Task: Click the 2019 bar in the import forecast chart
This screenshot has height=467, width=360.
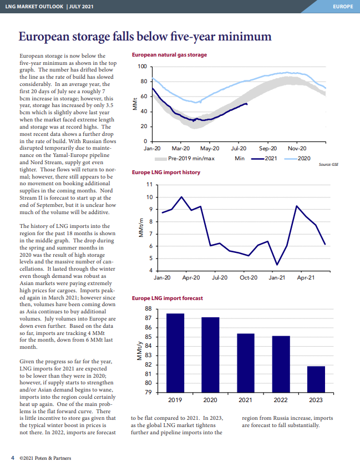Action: click(x=175, y=353)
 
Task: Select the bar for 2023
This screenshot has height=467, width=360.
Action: click(x=316, y=379)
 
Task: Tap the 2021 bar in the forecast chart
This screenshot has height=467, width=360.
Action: click(x=246, y=363)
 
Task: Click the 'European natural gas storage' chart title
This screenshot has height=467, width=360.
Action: click(x=169, y=55)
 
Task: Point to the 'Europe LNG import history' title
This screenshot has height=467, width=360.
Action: click(x=166, y=172)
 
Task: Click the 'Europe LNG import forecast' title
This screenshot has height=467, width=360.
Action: click(x=168, y=298)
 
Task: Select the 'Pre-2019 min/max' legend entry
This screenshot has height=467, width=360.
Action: click(x=185, y=159)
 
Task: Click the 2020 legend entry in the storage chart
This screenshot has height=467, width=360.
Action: click(x=297, y=159)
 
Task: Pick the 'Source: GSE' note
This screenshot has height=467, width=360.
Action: click(x=328, y=164)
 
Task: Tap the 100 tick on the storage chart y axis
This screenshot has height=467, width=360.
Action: click(x=143, y=67)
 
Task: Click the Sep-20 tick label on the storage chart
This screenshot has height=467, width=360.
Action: click(x=268, y=148)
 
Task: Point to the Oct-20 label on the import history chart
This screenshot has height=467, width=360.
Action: click(x=249, y=277)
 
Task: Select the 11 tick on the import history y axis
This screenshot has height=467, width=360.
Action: click(x=149, y=185)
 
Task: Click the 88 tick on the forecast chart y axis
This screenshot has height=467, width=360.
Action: click(x=148, y=309)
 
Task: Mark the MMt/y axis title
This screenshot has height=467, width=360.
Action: click(x=139, y=351)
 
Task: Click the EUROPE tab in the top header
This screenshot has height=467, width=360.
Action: click(x=343, y=7)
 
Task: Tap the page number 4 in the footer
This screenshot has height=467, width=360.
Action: click(x=13, y=458)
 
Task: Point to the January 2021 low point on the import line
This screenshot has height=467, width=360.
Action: click(x=277, y=265)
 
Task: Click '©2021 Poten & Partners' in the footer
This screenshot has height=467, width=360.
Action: click(x=45, y=458)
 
